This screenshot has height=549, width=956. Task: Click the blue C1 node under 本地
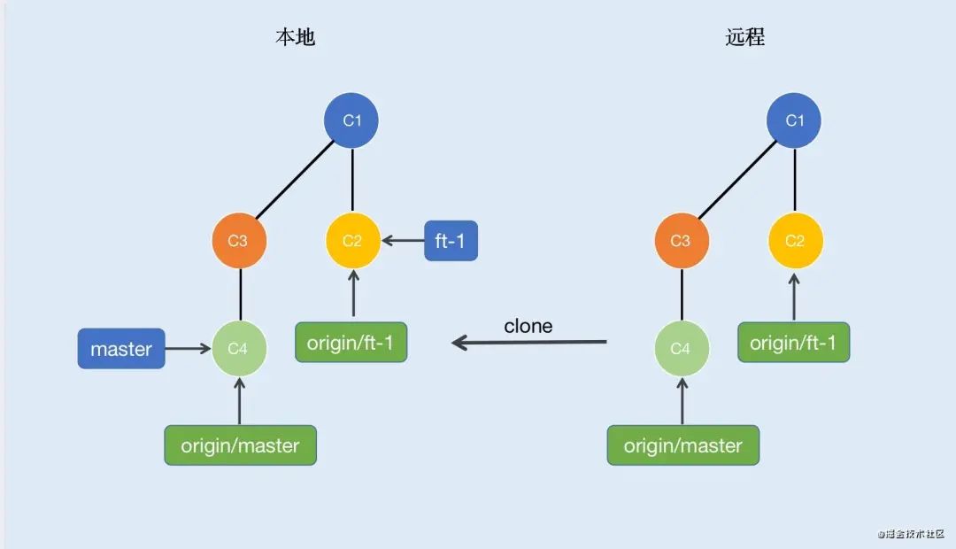click(x=352, y=120)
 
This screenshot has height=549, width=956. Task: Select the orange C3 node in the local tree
click(x=239, y=241)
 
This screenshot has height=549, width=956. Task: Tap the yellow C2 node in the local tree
click(x=352, y=241)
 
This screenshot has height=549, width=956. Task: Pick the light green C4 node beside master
click(x=239, y=348)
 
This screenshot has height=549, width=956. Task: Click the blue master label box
click(x=121, y=349)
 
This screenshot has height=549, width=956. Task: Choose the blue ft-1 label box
click(x=451, y=241)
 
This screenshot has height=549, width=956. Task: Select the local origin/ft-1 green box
click(x=351, y=343)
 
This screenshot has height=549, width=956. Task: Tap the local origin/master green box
click(x=240, y=445)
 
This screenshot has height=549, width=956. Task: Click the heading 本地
click(x=296, y=37)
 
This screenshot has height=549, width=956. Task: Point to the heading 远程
click(x=744, y=37)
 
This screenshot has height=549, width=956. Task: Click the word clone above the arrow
click(x=528, y=326)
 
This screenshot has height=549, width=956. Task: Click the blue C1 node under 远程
click(x=795, y=120)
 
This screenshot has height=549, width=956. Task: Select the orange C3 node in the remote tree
click(x=682, y=241)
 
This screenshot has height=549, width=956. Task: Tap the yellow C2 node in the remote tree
click(x=795, y=241)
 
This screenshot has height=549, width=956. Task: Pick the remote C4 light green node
click(x=682, y=349)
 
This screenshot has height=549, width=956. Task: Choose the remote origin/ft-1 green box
click(x=794, y=343)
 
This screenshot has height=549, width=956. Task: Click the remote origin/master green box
click(x=682, y=445)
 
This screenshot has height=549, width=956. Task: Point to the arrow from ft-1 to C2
click(x=402, y=241)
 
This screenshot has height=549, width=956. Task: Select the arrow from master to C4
click(x=188, y=349)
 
